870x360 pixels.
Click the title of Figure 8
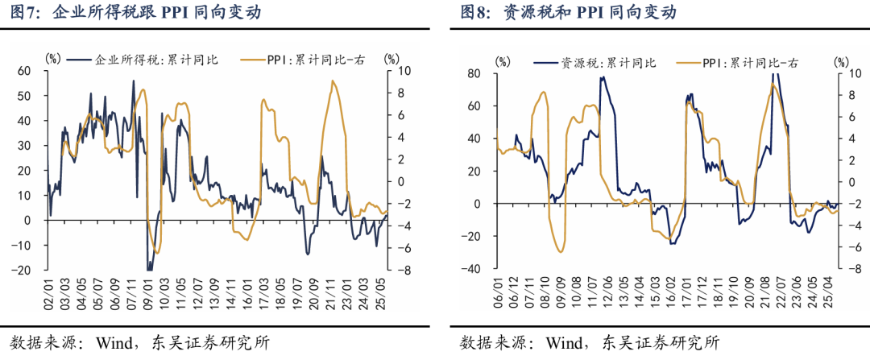click(568, 13)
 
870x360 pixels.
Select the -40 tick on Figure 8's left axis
click(470, 269)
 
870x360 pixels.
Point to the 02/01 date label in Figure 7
click(49, 294)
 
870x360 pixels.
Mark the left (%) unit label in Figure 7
click(53, 59)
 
